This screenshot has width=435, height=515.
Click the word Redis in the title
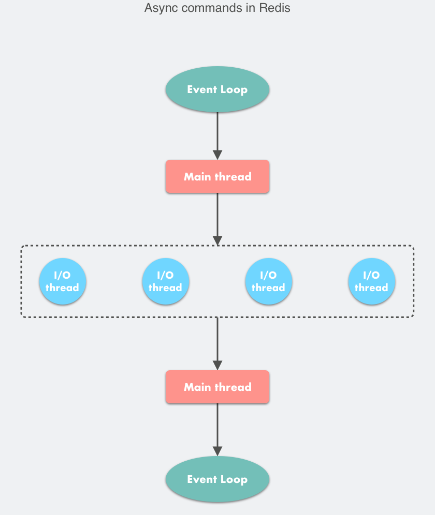[274, 8]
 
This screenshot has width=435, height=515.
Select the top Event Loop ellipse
[218, 89]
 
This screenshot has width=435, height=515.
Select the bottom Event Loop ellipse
[218, 479]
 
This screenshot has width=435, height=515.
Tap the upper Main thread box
[218, 176]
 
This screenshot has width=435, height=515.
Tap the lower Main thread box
[218, 387]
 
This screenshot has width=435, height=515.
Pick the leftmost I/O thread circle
[63, 281]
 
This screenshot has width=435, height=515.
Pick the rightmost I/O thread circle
[371, 281]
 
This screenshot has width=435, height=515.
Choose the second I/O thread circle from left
[166, 281]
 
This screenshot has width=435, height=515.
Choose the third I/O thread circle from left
[268, 281]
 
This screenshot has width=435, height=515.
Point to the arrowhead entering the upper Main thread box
[218, 155]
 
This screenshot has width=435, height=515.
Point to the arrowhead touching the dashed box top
[218, 240]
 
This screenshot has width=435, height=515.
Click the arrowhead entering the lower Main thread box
[218, 366]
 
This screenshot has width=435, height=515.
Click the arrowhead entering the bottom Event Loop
[218, 451]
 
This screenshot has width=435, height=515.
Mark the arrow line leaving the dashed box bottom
[218, 344]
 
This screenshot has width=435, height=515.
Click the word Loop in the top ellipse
[234, 90]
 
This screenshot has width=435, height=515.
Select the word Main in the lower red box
[197, 387]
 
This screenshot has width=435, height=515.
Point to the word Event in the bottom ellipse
[202, 479]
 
